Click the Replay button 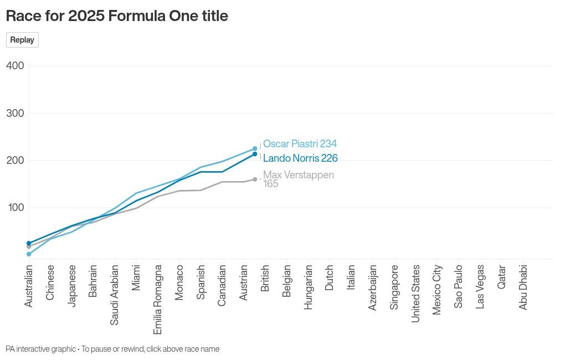click(22, 40)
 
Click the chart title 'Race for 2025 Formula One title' click(117, 16)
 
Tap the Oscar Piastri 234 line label click(300, 144)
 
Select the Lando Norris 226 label click(300, 158)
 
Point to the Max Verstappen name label click(299, 175)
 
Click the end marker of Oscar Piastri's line click(255, 148)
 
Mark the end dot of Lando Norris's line click(255, 154)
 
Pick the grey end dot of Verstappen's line click(255, 179)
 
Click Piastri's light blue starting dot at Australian click(29, 254)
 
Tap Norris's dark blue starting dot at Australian click(29, 243)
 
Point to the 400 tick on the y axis click(15, 66)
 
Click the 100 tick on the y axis click(15, 208)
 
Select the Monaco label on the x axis click(179, 282)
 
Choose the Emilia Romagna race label click(158, 299)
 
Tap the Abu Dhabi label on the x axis click(523, 287)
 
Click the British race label click(265, 279)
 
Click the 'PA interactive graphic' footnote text click(40, 349)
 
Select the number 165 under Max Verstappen click(271, 184)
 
